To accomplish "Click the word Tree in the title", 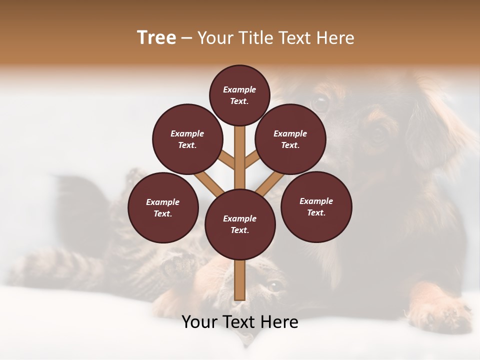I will coord(156,37).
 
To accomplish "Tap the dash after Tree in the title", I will coord(186,38).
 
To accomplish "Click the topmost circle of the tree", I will coord(240,95).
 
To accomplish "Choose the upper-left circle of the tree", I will coord(187,139).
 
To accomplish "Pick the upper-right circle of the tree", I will coord(290,139).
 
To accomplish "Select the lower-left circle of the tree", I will coord(163,207).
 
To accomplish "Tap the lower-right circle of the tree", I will coord(316,206).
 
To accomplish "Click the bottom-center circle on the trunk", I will coord(240,224).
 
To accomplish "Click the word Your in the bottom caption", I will coord(199,322).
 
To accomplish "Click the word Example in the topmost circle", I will coord(239,89).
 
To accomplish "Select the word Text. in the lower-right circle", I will coord(316,212).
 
